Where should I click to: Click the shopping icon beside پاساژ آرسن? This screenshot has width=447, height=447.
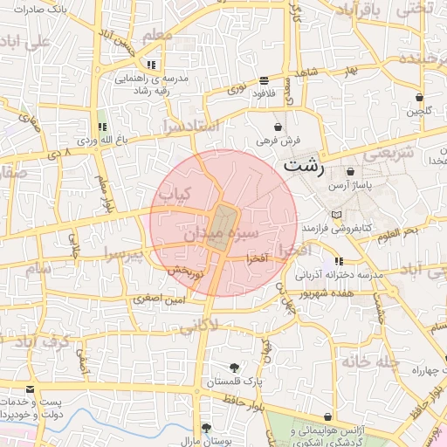point(351,172)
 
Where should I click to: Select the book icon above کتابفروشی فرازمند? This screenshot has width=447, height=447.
point(337,214)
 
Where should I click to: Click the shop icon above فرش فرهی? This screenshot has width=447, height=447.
point(279,127)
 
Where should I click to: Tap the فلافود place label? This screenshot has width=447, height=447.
point(264,92)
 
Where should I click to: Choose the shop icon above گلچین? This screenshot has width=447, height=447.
point(419,98)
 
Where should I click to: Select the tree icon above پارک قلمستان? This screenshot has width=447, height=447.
point(233,368)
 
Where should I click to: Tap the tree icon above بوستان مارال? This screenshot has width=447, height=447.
point(206,428)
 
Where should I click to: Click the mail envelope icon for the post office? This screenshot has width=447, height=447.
point(31,389)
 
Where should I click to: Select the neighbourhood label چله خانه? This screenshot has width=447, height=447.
point(373,361)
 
